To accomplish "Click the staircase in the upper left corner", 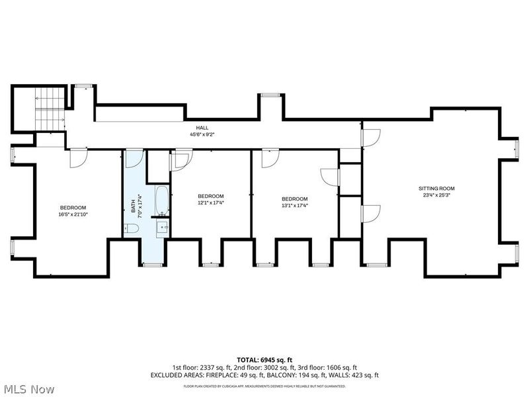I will click(x=50, y=109).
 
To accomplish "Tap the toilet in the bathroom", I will click(x=132, y=229).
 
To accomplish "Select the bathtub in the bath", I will click(x=162, y=201).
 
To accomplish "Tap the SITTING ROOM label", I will click(x=436, y=189).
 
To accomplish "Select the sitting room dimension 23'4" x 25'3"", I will click(x=436, y=195).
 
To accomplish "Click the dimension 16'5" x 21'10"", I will click(x=73, y=214).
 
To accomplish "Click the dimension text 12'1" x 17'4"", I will click(x=211, y=203).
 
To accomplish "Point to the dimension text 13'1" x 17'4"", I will click(x=294, y=206).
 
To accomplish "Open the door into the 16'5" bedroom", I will click(x=77, y=157).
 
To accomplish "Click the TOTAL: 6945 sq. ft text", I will click(x=264, y=359).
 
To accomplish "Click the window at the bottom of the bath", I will click(x=152, y=265).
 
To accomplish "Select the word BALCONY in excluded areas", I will click(x=272, y=375).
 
